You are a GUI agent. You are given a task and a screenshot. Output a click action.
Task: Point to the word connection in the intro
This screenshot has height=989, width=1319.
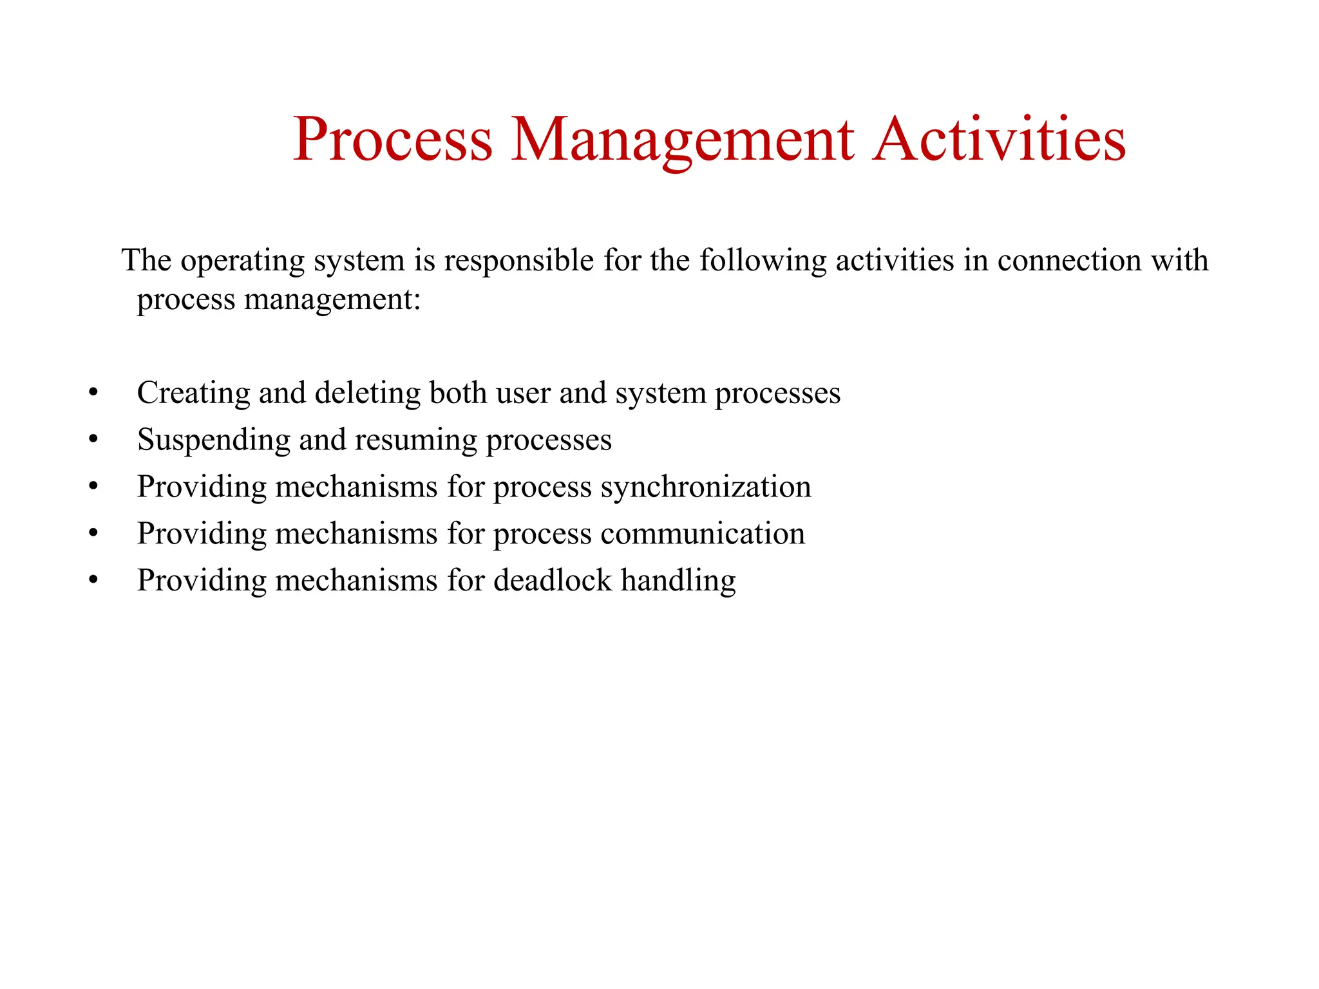[x=1069, y=261]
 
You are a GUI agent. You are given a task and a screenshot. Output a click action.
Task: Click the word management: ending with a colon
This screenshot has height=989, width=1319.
[x=332, y=300]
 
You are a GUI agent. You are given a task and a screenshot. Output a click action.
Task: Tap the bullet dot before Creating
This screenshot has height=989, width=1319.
[x=93, y=393]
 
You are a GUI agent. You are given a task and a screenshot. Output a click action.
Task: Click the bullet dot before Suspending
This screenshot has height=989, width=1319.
[x=93, y=440]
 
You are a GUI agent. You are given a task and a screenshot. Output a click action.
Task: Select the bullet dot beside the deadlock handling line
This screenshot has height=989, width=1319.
[x=93, y=581]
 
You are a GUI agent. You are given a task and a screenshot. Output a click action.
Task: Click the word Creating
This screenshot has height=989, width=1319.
[x=193, y=393]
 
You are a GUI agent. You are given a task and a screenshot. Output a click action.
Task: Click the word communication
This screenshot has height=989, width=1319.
[x=703, y=534]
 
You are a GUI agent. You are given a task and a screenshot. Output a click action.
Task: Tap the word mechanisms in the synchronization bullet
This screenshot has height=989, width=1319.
[x=357, y=487]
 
